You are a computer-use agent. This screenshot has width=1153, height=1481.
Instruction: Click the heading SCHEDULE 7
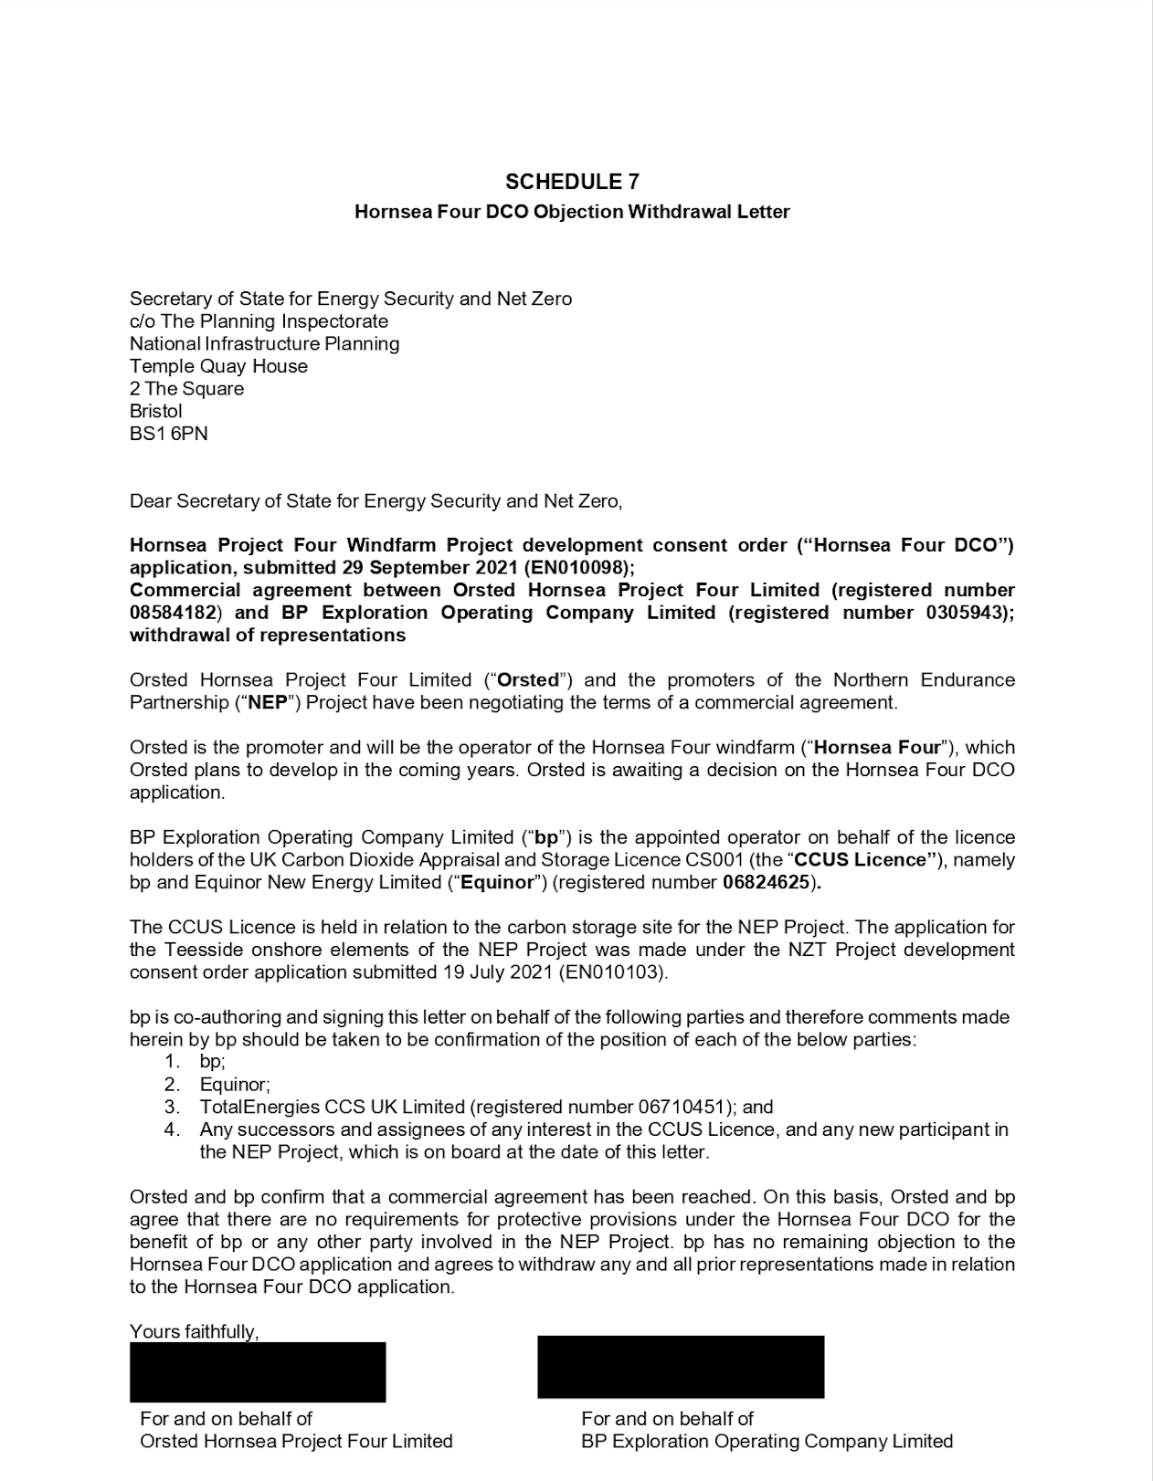pyautogui.click(x=572, y=182)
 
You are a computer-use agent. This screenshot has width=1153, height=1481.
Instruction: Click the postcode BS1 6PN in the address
pyautogui.click(x=169, y=434)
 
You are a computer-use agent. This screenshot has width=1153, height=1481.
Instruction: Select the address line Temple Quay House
pyautogui.click(x=218, y=366)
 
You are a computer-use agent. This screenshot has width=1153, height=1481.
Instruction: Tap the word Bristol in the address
pyautogui.click(x=156, y=411)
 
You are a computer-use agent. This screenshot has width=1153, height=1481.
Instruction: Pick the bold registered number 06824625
pyautogui.click(x=766, y=882)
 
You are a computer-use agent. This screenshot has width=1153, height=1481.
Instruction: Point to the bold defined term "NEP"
pyautogui.click(x=268, y=702)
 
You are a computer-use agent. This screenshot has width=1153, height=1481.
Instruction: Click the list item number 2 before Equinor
pyautogui.click(x=172, y=1085)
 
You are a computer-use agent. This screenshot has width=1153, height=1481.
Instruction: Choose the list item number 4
pyautogui.click(x=172, y=1129)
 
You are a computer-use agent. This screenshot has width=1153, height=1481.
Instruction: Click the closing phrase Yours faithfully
pyautogui.click(x=194, y=1331)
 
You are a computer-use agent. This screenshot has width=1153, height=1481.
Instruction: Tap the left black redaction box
pyautogui.click(x=258, y=1372)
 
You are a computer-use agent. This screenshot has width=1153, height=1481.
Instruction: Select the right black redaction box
pyautogui.click(x=681, y=1367)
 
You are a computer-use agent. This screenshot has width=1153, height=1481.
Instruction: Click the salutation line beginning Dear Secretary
pyautogui.click(x=376, y=500)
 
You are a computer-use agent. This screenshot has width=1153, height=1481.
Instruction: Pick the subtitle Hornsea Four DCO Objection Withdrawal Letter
pyautogui.click(x=572, y=212)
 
